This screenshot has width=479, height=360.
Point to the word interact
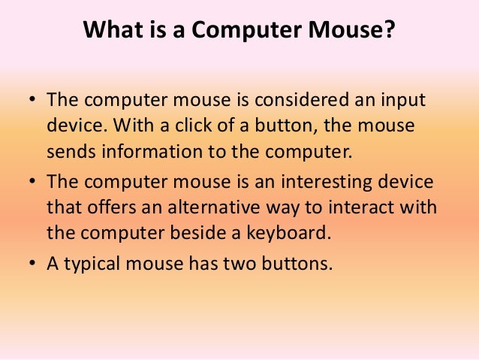tap(372, 207)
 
